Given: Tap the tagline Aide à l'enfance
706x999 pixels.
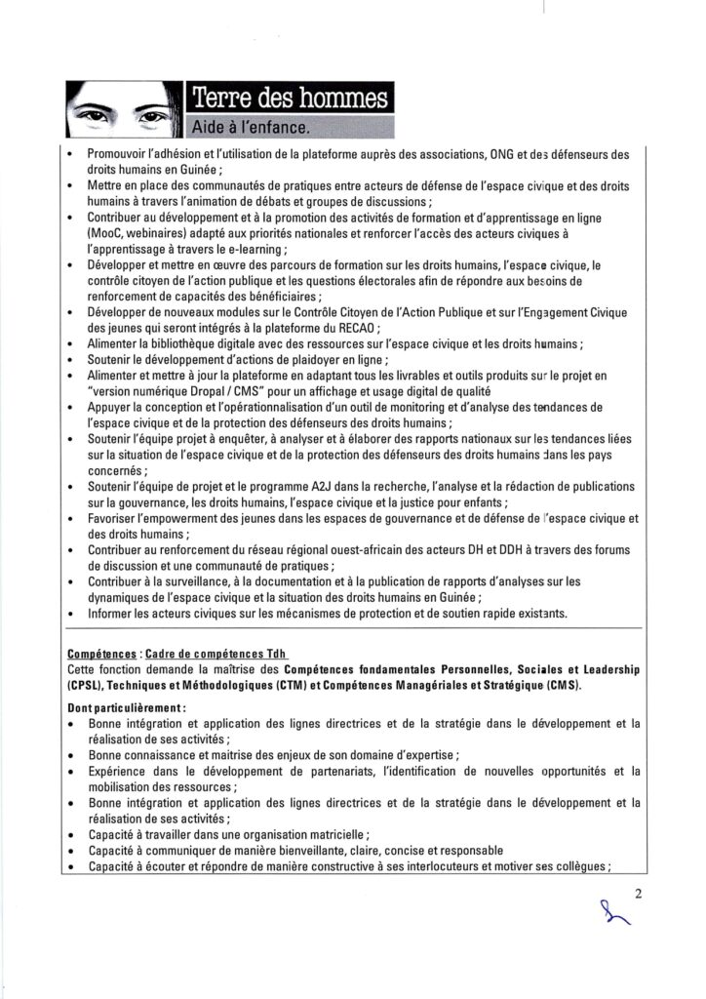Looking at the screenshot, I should click(250, 127).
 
